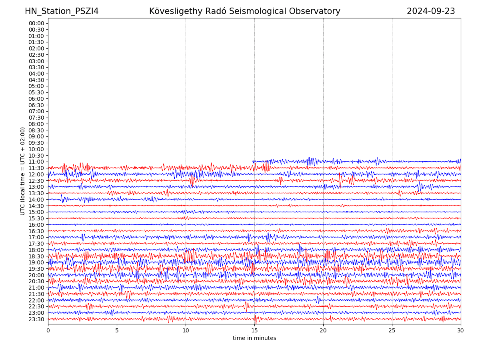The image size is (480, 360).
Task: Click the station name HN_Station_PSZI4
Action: pos(62,11)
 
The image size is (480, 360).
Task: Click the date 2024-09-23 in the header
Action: pos(431,11)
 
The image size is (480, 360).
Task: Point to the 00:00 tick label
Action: pos(36,23)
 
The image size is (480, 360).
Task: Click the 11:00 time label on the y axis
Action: pos(36,162)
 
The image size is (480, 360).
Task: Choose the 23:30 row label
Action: pos(36,319)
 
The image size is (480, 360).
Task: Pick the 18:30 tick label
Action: pos(36,256)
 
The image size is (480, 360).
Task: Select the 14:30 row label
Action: pos(36,206)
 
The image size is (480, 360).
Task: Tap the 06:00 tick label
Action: pos(36,99)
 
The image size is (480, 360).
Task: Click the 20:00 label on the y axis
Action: pos(36,275)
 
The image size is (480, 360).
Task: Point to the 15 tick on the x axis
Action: pos(254,331)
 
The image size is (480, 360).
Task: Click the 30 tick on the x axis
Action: pos(461,331)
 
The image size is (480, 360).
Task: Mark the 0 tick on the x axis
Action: pos(48,331)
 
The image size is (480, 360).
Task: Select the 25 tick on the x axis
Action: pos(392,331)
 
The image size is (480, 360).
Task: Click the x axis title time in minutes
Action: pos(254,338)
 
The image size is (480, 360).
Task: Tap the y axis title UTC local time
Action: pos(23,171)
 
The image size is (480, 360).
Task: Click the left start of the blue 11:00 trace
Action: pos(253,162)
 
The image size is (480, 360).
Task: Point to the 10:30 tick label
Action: pos(36,156)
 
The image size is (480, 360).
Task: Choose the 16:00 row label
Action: pos(36,225)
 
